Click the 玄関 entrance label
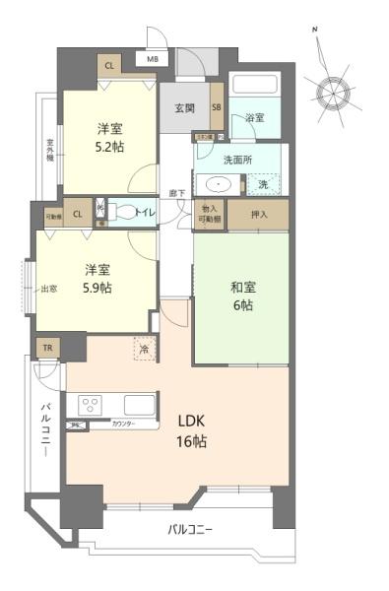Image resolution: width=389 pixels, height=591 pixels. pos(184,107)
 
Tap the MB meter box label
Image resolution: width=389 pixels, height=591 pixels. pos(153,59)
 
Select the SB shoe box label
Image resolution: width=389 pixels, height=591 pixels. pos(217,107)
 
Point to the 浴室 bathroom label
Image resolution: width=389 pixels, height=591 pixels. pos(254,118)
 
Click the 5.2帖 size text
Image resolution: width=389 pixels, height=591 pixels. pos(110,145)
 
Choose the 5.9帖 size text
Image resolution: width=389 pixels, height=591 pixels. pos(97,288)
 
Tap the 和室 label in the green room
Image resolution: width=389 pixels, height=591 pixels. pos(242,288)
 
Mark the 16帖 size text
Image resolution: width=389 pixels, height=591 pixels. pos(192,441)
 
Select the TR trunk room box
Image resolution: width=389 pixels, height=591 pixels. pos(46,349)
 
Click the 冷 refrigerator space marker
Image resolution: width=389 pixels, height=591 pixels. pos(144,349)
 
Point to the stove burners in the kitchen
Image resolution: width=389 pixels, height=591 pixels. pos(90,405)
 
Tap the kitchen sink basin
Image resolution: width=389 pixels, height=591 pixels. pos(139,404)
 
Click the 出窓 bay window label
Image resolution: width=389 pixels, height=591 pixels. pos(49,290)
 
